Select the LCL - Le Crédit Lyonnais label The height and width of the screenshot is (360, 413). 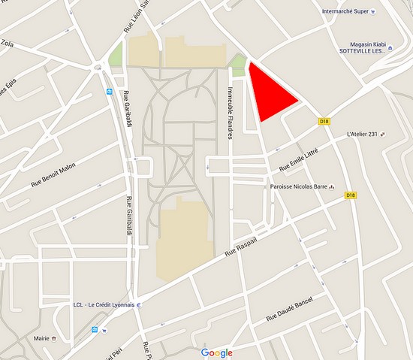click(104, 305)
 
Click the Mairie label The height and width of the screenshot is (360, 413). click(41, 338)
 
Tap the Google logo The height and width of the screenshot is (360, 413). click(217, 352)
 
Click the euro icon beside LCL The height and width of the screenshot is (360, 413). click(139, 305)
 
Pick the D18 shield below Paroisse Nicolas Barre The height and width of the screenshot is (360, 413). click(349, 195)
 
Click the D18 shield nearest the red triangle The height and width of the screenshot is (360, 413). click(324, 121)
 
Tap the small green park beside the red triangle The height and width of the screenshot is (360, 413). click(239, 66)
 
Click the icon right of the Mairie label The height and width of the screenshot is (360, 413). click(55, 338)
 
